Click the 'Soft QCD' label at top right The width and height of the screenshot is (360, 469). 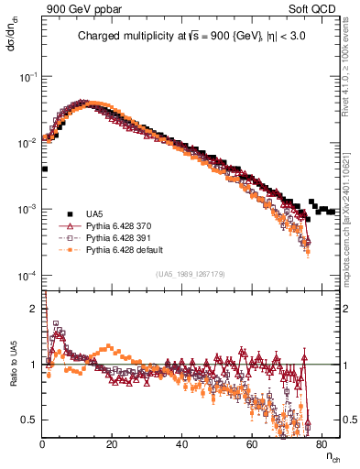(318, 8)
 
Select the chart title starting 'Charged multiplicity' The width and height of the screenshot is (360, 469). (191, 38)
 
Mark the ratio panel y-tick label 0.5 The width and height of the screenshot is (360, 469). (32, 420)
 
